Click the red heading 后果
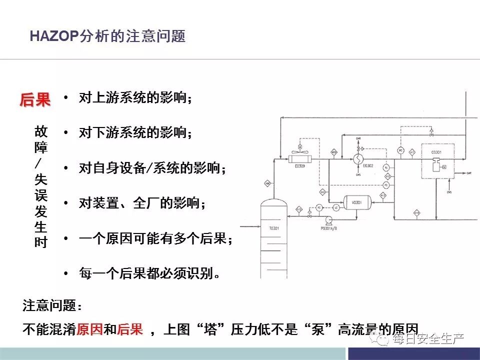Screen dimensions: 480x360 (35, 99)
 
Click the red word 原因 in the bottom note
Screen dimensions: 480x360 (89, 329)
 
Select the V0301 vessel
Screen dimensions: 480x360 (356, 202)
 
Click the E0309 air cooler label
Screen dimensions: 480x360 (299, 166)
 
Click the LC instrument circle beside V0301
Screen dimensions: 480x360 (336, 207)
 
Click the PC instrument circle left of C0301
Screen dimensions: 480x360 (400, 150)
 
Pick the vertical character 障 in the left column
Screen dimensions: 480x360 (41, 148)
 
